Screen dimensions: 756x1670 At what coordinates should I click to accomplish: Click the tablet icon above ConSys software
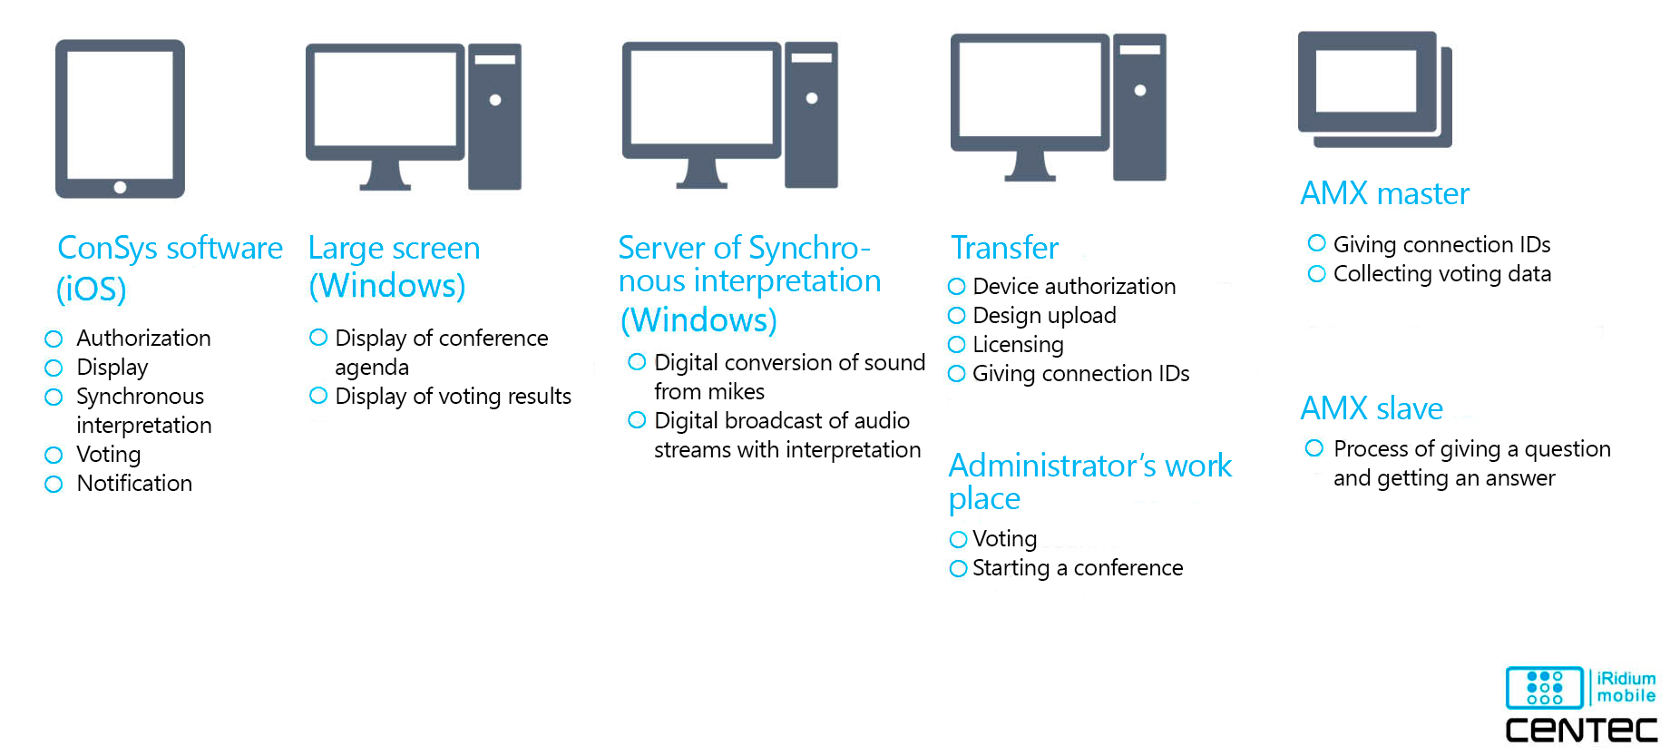coord(120,118)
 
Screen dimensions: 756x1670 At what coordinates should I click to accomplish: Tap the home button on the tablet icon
coord(120,188)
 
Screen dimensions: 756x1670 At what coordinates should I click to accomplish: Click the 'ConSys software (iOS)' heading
coord(170,268)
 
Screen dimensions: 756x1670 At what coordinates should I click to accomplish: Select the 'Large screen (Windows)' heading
coord(394,267)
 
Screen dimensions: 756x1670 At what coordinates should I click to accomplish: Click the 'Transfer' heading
coord(1004,248)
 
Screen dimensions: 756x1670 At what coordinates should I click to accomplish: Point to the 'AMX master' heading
coord(1384,193)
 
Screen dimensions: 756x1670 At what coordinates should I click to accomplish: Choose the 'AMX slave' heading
coord(1372,408)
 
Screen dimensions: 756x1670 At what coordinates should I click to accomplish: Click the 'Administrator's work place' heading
coord(1089,482)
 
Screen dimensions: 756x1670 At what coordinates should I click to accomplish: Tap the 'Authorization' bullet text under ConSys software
coord(143,339)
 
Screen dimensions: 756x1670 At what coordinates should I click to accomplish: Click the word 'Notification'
coord(134,484)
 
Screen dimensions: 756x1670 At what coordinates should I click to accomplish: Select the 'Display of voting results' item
coord(453,397)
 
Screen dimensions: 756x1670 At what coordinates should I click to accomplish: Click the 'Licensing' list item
coord(1018,345)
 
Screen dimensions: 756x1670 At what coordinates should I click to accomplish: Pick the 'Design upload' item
coord(1044,316)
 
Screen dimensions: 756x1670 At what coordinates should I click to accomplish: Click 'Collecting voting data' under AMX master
coord(1441,274)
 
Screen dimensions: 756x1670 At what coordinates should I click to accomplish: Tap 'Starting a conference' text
coord(1078,568)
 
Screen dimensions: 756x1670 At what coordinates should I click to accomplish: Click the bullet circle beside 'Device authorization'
coord(956,287)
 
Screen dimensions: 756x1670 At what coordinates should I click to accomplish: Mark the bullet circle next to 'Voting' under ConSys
coord(54,455)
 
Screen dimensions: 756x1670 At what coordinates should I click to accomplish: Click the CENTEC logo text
coord(1581,731)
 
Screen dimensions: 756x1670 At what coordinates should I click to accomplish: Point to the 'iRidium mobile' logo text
coord(1626,687)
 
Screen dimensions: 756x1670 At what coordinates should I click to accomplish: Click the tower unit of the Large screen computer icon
coord(494,116)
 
